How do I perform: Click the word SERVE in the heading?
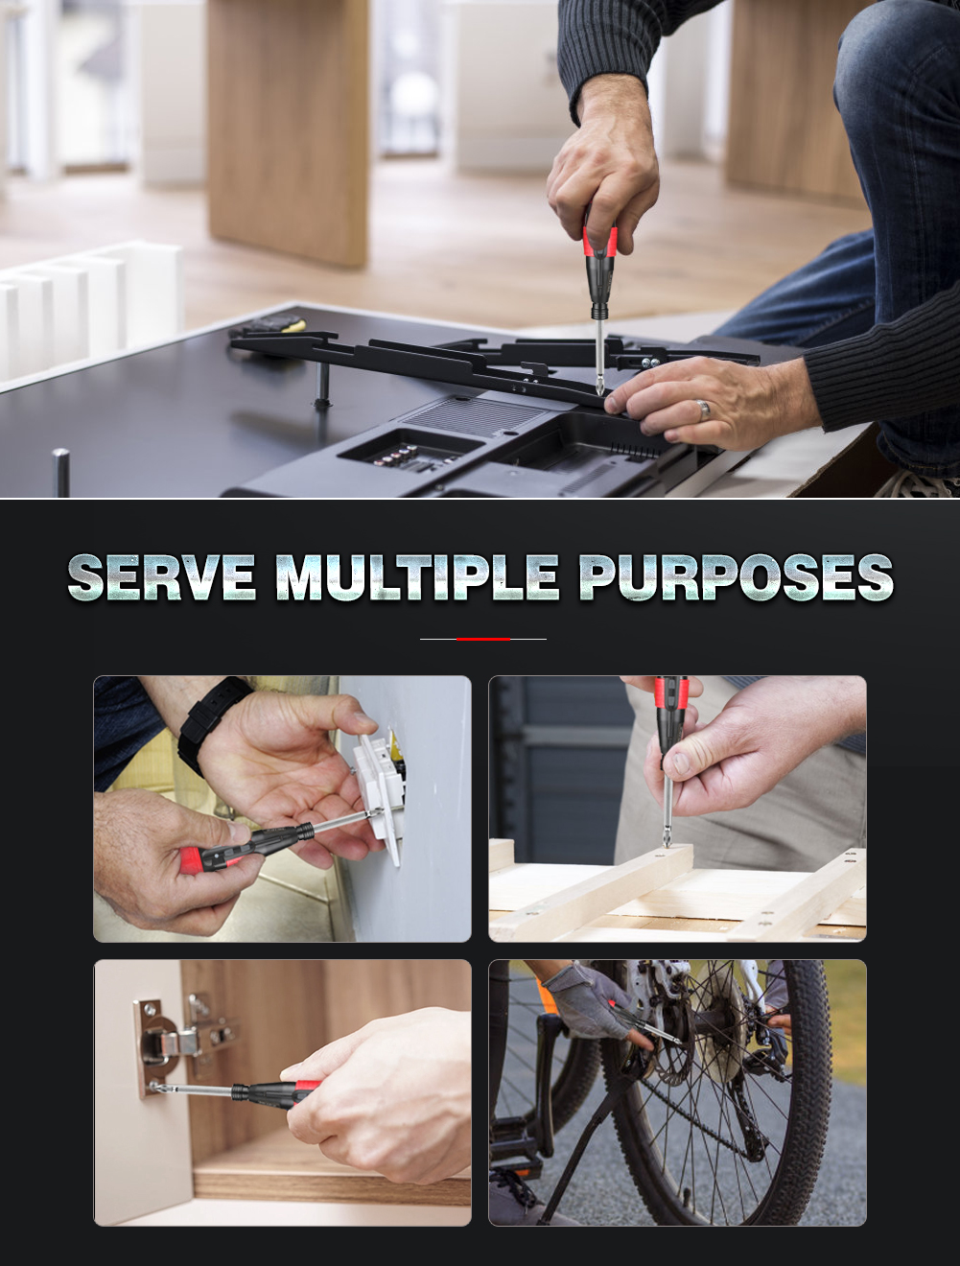(161, 576)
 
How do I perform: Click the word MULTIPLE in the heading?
(417, 576)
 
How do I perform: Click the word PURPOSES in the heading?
(737, 576)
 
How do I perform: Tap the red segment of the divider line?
(483, 639)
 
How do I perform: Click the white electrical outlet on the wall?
(378, 793)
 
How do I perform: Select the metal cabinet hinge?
(181, 1041)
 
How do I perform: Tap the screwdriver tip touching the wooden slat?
(667, 840)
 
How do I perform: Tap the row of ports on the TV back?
(399, 455)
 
